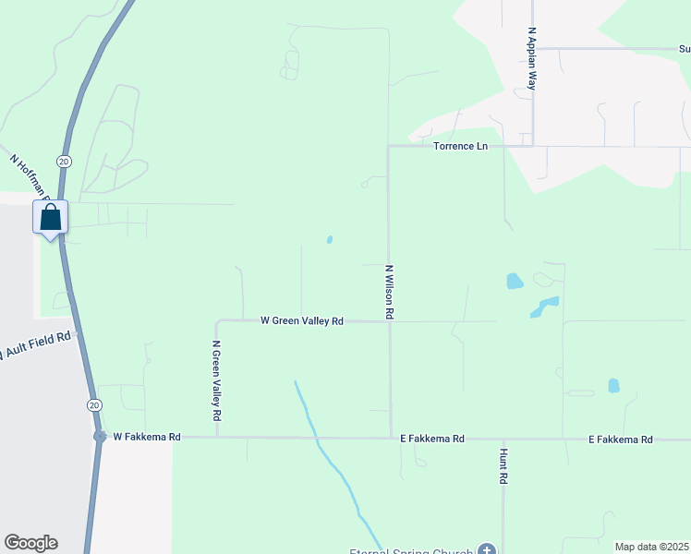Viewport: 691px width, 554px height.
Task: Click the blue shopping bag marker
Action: [51, 218]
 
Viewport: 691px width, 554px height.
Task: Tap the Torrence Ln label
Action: [460, 146]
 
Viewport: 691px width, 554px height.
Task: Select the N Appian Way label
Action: [532, 57]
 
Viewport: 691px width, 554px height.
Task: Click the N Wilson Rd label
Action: [390, 292]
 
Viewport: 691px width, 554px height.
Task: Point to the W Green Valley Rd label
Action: [302, 321]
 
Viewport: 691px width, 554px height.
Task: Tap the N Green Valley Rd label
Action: [216, 376]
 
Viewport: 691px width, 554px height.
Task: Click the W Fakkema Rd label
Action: [146, 437]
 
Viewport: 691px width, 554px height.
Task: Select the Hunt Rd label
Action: [503, 467]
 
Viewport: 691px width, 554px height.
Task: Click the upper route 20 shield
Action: [63, 161]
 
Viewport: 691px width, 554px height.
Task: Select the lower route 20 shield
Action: [94, 405]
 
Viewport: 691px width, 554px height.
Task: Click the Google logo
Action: [30, 543]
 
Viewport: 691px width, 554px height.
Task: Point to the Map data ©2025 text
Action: [651, 547]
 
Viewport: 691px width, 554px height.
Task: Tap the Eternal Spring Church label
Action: [424, 550]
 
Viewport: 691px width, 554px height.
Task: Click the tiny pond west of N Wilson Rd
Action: [330, 240]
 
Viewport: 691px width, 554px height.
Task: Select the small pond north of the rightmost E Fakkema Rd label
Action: [613, 385]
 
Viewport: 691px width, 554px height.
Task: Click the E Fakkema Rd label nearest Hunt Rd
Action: [431, 440]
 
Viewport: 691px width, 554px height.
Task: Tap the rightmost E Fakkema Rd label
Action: [621, 440]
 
